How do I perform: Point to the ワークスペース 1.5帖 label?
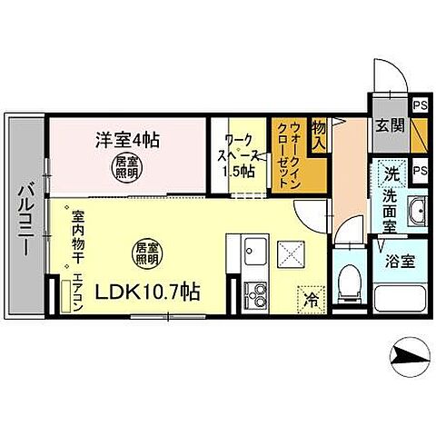pos(240,156)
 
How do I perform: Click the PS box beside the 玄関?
pos(420,105)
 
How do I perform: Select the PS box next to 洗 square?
pos(420,170)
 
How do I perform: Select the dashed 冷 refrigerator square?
pos(309,295)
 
